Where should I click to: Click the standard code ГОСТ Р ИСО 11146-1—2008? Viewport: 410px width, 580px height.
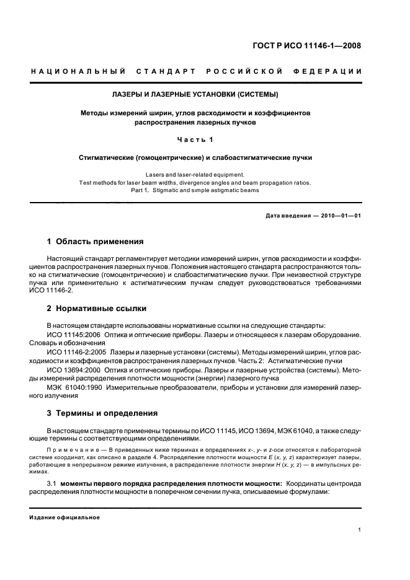pyautogui.click(x=316, y=45)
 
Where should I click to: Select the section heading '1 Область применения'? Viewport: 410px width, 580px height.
pyautogui.click(x=96, y=241)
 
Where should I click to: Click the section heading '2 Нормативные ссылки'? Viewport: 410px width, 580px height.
pyautogui.click(x=97, y=307)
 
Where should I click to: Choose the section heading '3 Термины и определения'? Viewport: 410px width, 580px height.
pyautogui.click(x=102, y=413)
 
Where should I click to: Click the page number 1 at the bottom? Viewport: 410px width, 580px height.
pyautogui.click(x=360, y=530)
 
